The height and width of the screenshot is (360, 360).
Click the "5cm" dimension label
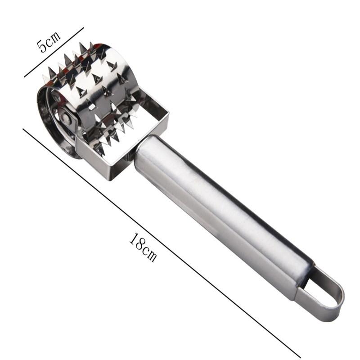coord(49,41)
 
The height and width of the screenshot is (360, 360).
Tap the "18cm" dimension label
coord(144,247)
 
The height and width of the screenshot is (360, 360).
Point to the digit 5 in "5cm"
coord(42,46)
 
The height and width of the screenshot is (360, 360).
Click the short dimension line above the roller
coord(54,52)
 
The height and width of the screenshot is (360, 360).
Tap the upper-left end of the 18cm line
coord(23,130)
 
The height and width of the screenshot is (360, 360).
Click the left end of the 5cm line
coord(25,77)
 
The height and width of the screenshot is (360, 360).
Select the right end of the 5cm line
coord(84,28)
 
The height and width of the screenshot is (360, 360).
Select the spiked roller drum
coord(90,90)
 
